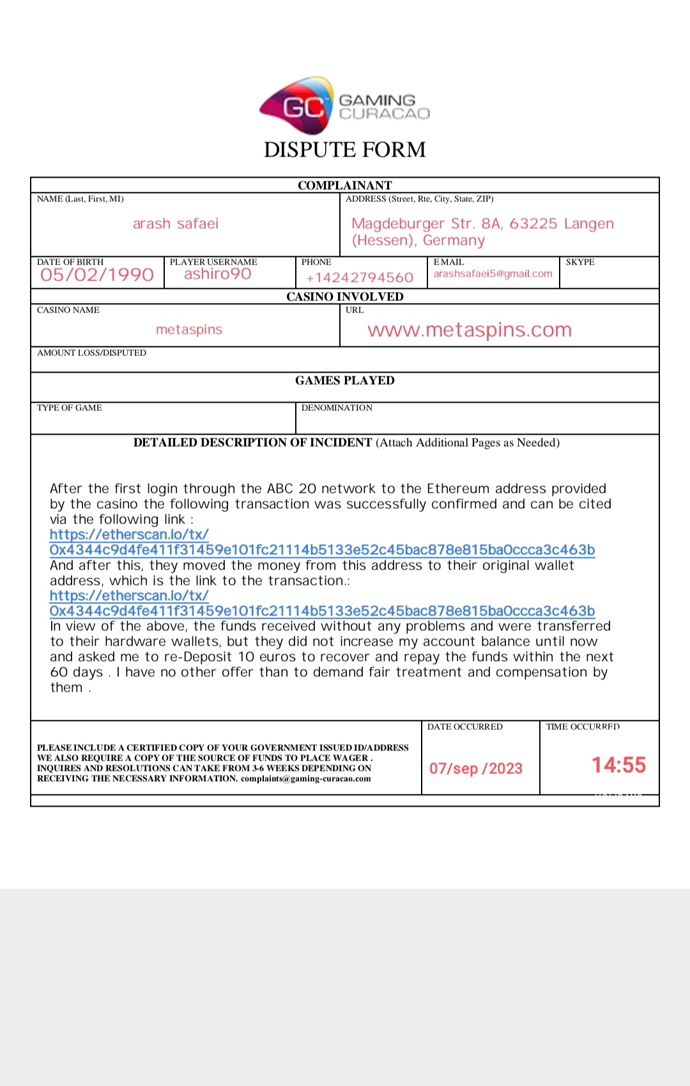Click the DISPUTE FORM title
point(344,150)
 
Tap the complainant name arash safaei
point(176,224)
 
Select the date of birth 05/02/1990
point(97,275)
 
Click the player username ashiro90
point(218,274)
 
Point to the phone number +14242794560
point(360,277)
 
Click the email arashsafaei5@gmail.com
point(493,274)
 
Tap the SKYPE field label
point(580,262)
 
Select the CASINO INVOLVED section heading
point(344,297)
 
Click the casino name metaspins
point(189,330)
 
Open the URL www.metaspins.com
point(470,330)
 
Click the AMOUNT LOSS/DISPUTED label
point(91,353)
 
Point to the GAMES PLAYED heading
point(344,380)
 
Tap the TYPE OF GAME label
point(70,408)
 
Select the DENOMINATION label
point(337,408)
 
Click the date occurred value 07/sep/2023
point(476,768)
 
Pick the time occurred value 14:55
point(618,765)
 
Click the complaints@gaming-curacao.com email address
point(305,779)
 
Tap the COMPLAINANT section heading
point(344,185)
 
